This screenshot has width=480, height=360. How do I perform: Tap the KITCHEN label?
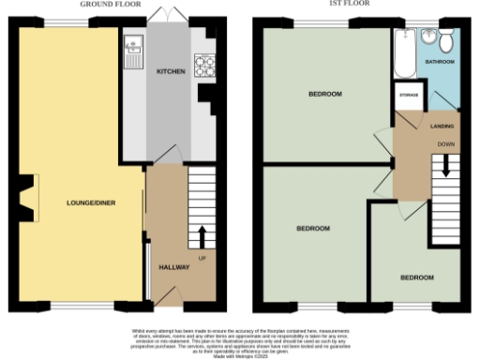[x=171, y=71]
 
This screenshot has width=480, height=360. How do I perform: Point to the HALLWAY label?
[x=174, y=267]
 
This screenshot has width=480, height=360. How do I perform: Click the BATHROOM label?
[x=441, y=62]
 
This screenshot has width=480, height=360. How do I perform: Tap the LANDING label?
[x=442, y=126]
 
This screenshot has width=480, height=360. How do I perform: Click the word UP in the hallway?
[x=202, y=257]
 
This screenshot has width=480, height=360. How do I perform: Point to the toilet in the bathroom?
[x=445, y=39]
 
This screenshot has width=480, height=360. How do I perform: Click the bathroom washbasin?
[x=428, y=37]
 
